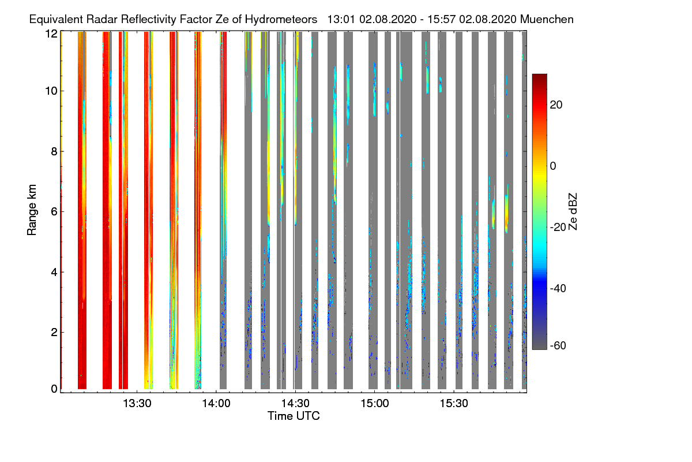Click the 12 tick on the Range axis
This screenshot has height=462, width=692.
point(51,33)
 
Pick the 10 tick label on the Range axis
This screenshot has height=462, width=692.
point(51,91)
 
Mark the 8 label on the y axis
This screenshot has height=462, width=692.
point(54,151)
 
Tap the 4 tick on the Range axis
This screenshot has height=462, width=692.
point(54,271)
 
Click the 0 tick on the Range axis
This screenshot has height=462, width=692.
point(54,389)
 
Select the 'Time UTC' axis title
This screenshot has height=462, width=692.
point(294,416)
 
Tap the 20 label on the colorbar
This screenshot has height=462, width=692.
point(556,105)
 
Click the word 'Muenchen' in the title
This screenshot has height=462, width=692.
point(546,19)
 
